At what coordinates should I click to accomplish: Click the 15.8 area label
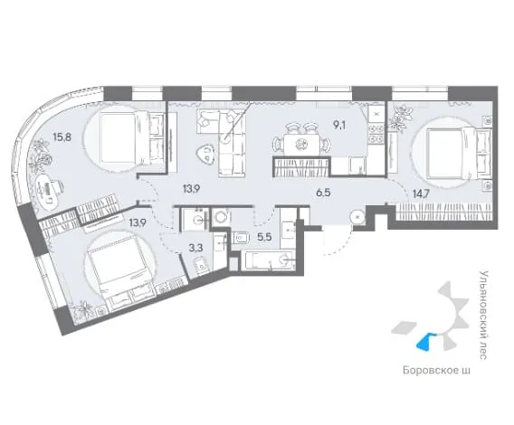click(62, 137)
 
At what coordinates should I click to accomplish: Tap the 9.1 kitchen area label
click(340, 125)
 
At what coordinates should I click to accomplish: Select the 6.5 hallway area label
click(323, 193)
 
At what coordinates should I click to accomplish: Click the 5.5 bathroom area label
click(264, 237)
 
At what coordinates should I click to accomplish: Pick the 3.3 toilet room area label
click(196, 248)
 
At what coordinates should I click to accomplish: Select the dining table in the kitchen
click(300, 144)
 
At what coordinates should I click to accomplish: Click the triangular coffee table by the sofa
click(205, 154)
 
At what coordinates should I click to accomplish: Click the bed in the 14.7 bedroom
click(460, 154)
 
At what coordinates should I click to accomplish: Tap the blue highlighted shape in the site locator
click(426, 342)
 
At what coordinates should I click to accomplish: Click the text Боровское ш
click(436, 371)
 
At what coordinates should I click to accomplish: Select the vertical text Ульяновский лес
click(483, 316)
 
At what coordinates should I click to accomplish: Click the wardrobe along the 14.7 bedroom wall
click(444, 212)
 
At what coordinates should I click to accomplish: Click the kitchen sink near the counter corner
click(357, 165)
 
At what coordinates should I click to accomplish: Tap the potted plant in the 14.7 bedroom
click(400, 118)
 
